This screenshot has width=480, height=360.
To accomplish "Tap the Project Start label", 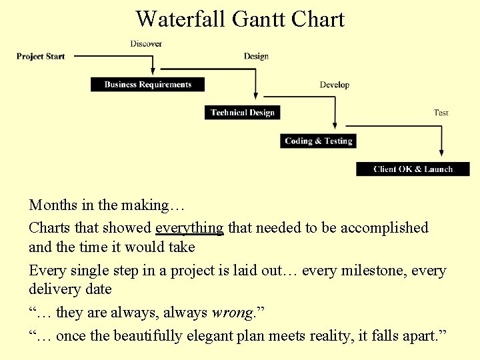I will [x=41, y=57].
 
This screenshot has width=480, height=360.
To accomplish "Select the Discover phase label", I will [x=146, y=44].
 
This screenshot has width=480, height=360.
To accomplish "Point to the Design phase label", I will [x=256, y=57].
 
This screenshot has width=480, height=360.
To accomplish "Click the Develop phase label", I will [x=334, y=85].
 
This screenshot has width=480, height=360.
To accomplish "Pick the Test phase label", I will [x=441, y=113].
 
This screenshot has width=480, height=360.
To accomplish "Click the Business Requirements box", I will [x=147, y=85].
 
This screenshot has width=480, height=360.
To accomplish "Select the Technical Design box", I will [x=242, y=113].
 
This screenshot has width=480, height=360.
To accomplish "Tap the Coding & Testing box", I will [x=318, y=141].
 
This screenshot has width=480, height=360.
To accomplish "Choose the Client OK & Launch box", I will [x=413, y=169].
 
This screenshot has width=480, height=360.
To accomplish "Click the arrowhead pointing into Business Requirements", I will [x=154, y=71].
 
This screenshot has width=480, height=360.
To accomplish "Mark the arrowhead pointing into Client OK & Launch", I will [x=441, y=156].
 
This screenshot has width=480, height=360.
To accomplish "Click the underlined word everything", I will [x=189, y=228].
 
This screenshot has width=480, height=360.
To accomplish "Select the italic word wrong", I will [x=231, y=313].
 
